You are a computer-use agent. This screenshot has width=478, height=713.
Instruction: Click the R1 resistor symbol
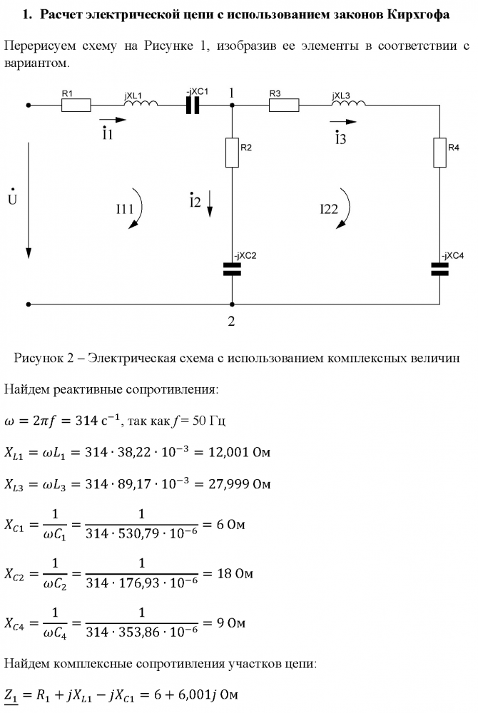[x=76, y=105]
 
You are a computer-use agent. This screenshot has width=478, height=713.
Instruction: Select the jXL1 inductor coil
[x=141, y=103]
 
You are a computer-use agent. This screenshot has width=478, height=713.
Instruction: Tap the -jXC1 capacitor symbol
[x=193, y=106]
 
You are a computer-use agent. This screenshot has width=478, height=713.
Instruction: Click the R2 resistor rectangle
[x=232, y=153]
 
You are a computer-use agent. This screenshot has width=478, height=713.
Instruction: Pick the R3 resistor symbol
[x=284, y=105]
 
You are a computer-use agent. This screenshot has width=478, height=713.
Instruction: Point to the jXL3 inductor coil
[x=348, y=103]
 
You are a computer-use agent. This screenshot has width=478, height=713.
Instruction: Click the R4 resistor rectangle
[x=439, y=153]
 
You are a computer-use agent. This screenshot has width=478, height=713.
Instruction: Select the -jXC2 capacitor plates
[x=232, y=270]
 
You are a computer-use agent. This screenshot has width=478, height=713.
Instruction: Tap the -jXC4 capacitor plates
[x=439, y=270]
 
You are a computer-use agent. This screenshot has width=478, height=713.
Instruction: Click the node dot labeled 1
[x=232, y=105]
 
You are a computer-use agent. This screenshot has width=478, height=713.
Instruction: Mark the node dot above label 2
[x=232, y=304]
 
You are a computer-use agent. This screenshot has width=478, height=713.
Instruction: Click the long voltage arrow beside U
[x=29, y=200]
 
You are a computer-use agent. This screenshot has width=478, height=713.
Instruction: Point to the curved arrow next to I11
[x=138, y=209]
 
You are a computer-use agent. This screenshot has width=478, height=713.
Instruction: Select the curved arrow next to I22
[x=345, y=209]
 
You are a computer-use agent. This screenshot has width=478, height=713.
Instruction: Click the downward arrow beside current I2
[x=210, y=204]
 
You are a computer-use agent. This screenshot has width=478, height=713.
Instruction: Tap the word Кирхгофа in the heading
[x=418, y=14]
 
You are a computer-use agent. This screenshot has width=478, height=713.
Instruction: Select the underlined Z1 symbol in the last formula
[x=11, y=695]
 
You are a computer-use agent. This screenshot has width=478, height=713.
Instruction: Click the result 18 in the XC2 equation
[x=224, y=573]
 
